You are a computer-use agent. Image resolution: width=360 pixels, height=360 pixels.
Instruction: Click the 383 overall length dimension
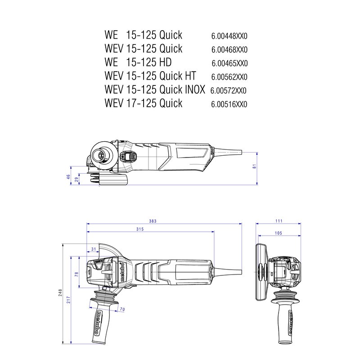point(153,221)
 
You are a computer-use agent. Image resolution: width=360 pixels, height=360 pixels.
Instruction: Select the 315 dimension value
point(140,229)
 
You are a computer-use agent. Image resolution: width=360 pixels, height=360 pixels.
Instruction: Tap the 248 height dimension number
point(60,293)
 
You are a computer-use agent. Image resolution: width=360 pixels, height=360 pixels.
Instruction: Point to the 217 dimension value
point(68,300)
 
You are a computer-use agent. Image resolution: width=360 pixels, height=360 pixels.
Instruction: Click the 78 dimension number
point(76,274)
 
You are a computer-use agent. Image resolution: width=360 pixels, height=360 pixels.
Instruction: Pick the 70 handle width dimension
point(122,309)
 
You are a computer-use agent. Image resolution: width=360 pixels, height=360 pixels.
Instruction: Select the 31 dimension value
point(94,249)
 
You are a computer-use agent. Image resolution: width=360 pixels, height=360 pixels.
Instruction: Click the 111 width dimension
point(279,221)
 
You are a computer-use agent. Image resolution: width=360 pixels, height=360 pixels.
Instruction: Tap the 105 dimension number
point(279,233)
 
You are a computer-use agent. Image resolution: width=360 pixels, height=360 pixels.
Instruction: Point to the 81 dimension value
point(254,166)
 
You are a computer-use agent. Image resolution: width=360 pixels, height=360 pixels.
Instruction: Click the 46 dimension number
point(68,177)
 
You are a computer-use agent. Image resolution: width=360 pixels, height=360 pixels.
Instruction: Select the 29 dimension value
point(77,179)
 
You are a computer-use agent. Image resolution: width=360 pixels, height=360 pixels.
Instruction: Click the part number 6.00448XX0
point(229,36)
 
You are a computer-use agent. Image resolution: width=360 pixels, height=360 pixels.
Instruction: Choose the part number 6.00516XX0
point(229,104)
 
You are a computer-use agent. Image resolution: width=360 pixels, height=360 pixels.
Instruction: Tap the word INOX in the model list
point(195,89)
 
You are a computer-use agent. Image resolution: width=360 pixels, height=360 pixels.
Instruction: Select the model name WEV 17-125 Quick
point(144,103)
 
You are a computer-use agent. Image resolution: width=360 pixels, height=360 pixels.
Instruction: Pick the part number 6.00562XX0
point(229,77)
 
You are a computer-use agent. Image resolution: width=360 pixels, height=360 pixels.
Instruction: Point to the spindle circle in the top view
point(101,154)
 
